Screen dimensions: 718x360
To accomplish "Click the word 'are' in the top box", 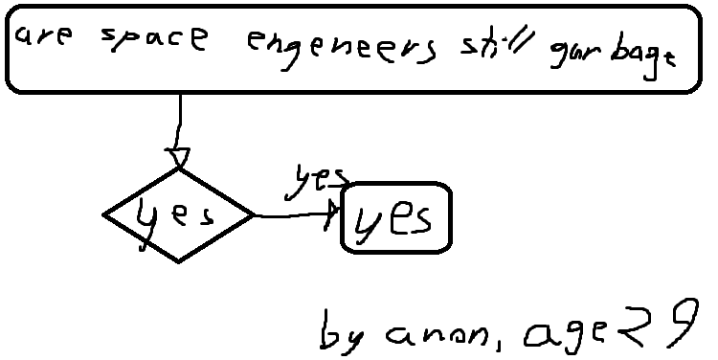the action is (43, 34).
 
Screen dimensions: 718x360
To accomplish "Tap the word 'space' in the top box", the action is (154, 38).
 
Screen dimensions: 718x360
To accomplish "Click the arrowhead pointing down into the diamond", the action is (178, 157).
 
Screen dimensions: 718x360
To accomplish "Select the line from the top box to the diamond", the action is (179, 122).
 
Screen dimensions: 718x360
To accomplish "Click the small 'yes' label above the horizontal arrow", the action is (316, 181).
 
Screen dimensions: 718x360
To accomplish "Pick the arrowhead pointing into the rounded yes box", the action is (332, 214).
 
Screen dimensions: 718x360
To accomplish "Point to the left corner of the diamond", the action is (103, 214).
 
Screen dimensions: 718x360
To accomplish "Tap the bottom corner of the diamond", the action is (178, 262).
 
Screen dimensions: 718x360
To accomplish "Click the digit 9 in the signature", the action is (684, 323).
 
